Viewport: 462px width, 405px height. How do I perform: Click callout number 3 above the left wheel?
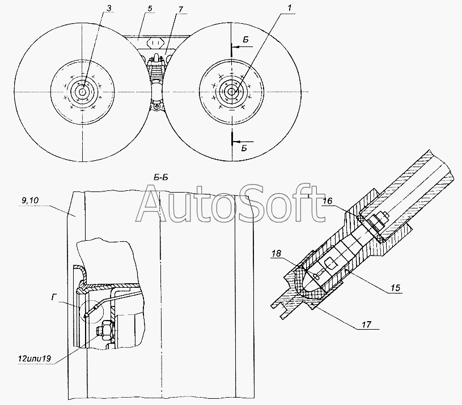109,8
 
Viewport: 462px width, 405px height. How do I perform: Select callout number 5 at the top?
150,8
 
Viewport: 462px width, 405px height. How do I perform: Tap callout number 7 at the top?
180,10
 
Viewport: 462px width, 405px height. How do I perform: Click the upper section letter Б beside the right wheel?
245,40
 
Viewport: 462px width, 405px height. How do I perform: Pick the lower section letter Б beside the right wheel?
244,148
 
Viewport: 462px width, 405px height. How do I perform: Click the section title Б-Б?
161,177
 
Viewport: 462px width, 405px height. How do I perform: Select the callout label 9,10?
30,201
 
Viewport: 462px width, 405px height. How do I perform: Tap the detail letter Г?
54,298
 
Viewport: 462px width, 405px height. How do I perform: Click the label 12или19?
35,359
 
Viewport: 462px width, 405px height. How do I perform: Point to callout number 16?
327,201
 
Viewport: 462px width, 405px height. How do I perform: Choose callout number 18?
276,253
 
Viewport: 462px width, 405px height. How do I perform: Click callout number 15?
395,288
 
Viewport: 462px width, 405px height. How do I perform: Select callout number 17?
366,325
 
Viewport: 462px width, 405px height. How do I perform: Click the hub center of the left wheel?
83,92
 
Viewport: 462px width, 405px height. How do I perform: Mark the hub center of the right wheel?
232,92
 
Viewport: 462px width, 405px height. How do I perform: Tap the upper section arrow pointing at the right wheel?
242,46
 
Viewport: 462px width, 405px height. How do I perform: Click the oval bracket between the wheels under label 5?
155,42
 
